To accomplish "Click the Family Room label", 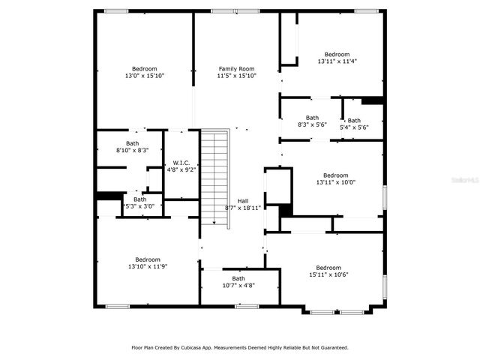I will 236,69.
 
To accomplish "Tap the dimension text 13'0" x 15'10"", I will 144,76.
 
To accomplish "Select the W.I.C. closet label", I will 181,163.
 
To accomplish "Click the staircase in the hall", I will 214,176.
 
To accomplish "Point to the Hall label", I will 243,201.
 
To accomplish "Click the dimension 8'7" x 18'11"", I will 243,208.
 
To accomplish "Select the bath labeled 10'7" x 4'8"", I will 238,282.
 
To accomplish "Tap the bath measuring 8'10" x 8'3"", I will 132,147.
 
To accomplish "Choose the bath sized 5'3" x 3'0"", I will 139,202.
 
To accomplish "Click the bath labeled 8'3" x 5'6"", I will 312,121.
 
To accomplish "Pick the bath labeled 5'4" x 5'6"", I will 354,124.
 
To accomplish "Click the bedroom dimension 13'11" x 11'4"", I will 337,61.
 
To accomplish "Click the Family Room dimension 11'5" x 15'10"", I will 236,76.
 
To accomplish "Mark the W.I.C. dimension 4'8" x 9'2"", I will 181,169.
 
